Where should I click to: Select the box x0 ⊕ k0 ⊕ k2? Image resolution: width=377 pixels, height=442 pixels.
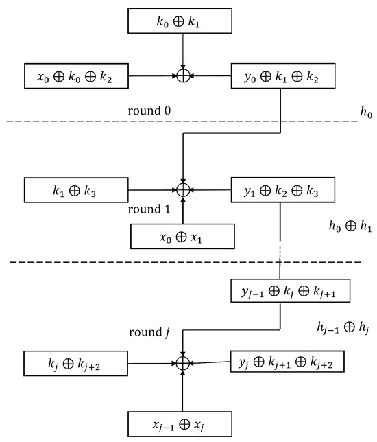(x=77, y=77)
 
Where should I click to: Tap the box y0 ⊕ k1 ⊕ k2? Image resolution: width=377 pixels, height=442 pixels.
(x=283, y=77)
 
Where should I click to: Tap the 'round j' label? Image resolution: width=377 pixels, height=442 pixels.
(x=149, y=334)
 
